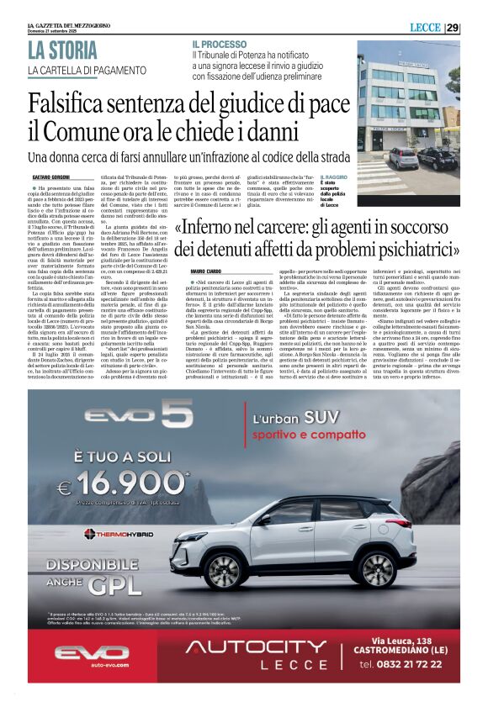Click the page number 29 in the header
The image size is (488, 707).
point(452,28)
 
